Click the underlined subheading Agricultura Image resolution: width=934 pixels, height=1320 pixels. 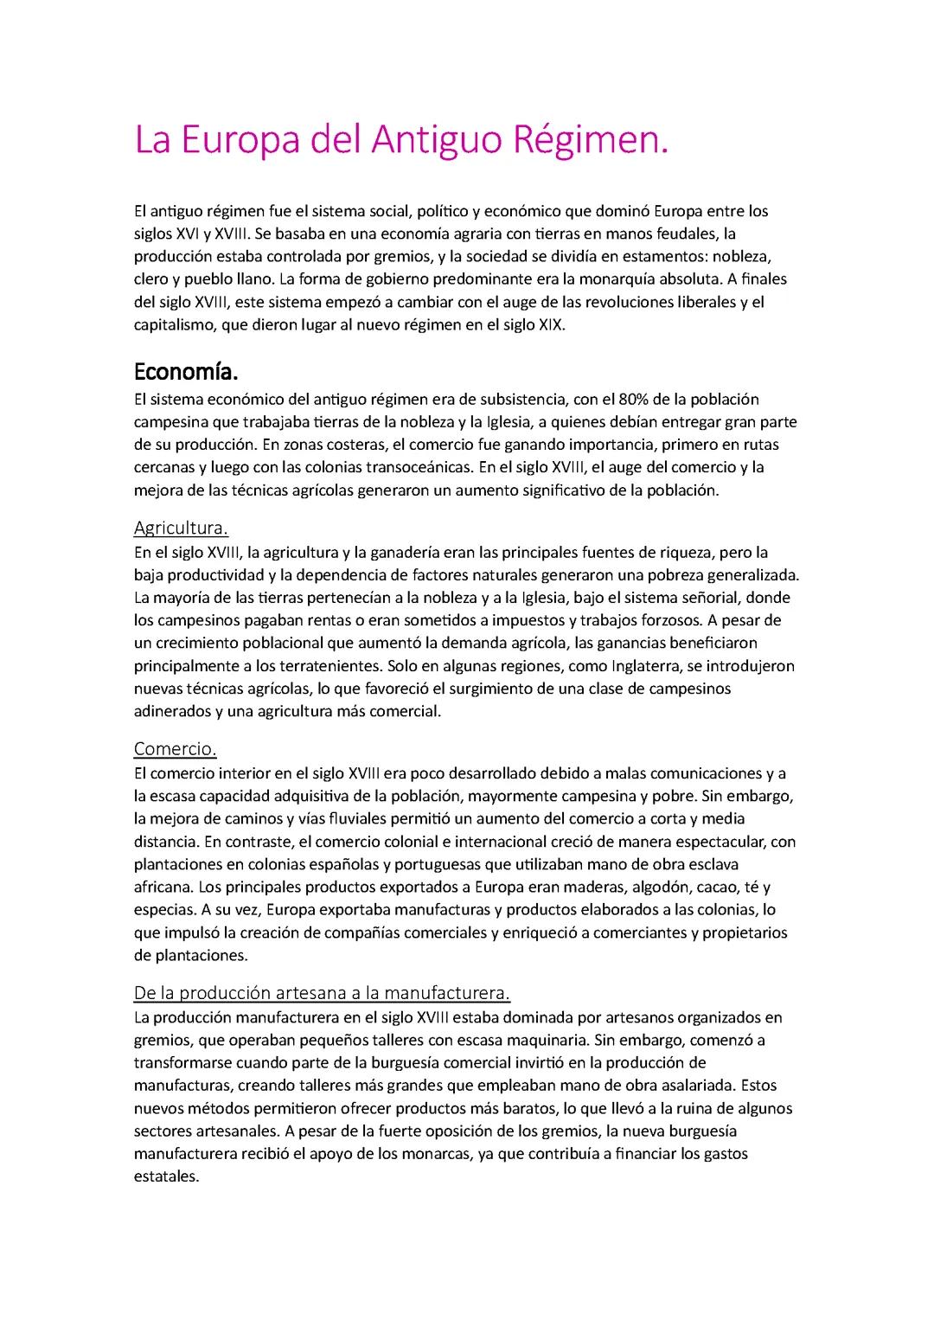click(x=181, y=528)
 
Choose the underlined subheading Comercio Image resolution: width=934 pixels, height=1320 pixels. click(x=175, y=748)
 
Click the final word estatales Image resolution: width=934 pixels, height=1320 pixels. click(x=166, y=1176)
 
